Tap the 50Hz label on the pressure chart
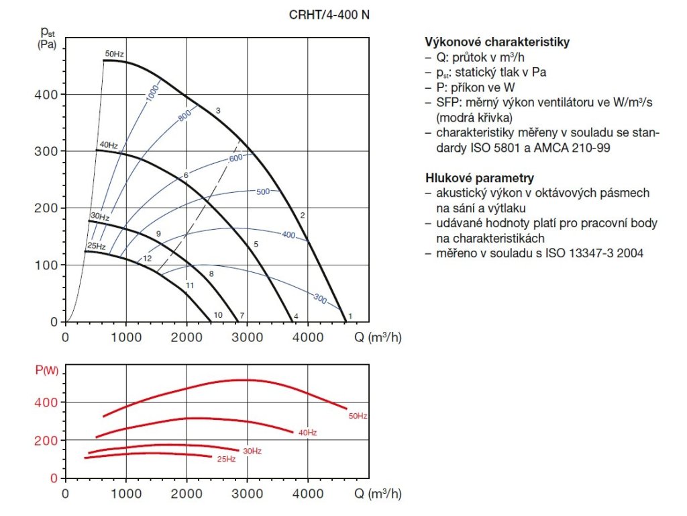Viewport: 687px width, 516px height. coord(115,54)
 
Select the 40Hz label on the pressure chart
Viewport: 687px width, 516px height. coord(109,144)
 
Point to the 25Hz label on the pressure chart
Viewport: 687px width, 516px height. coord(97,247)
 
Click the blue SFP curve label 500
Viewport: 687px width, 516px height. coord(263,192)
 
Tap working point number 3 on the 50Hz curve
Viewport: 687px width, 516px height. coord(218,110)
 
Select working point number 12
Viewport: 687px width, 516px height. coord(146,259)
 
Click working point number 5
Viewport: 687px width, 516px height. coord(256,244)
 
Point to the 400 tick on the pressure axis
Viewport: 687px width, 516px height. coord(46,95)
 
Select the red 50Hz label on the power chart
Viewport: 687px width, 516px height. coord(358,417)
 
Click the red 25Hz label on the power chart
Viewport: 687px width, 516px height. coord(226,460)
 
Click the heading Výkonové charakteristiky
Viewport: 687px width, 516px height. coord(497,42)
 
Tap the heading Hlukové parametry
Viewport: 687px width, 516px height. coord(480,178)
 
